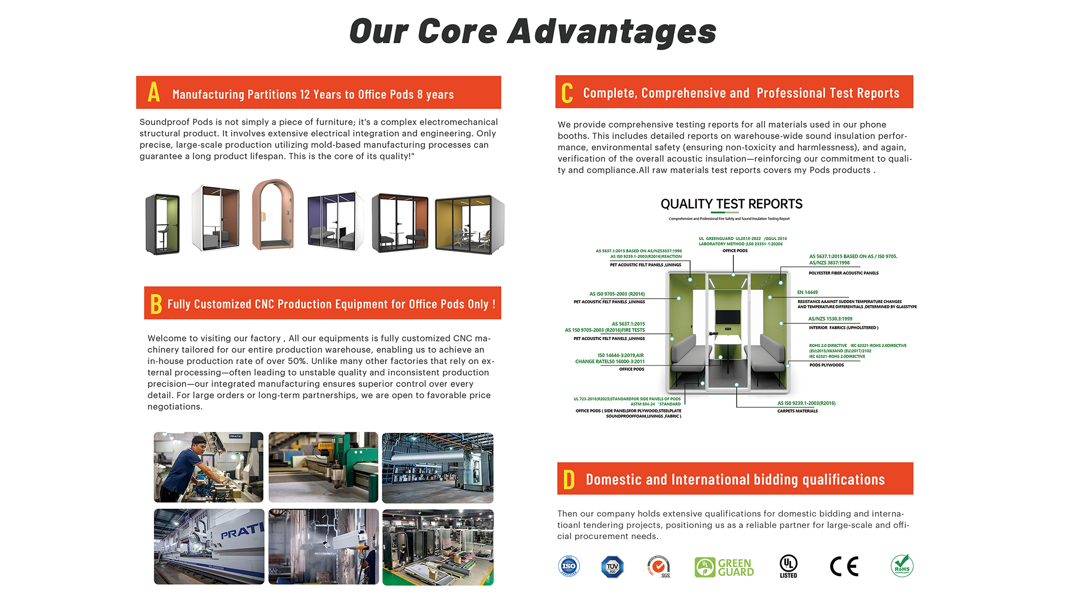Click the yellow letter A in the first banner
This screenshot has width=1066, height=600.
pos(154,92)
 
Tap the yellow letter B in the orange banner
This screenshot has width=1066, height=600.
pos(156,304)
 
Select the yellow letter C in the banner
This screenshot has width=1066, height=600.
pos(567,93)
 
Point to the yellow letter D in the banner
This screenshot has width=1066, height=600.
pos(569,480)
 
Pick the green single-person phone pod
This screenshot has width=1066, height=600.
pos(163,224)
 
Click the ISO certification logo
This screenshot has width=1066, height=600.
pos(568,566)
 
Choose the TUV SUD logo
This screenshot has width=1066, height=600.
pos(612,567)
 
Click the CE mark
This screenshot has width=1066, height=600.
pos(844,567)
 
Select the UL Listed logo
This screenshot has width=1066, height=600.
pos(788,566)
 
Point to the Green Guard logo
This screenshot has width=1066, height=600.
pos(724,567)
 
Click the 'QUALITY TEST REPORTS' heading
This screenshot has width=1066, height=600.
pos(731,204)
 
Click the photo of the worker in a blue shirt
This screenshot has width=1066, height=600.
pos(208,467)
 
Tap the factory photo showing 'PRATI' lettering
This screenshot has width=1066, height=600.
pos(209,546)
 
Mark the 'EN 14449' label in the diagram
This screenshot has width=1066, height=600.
pos(807,292)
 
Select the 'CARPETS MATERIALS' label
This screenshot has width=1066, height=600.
pos(797,411)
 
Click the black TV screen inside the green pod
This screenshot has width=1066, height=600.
pos(727,317)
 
